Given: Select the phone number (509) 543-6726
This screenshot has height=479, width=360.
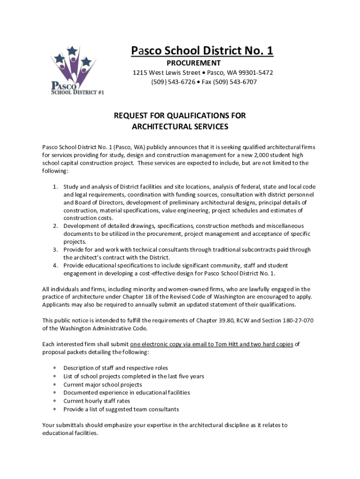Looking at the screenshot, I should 172,82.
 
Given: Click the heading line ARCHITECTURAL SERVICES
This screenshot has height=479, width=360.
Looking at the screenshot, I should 180,126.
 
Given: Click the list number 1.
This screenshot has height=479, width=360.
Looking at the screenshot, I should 55,187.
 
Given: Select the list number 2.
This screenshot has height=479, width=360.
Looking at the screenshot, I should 55,226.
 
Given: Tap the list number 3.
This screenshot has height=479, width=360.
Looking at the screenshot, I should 55,250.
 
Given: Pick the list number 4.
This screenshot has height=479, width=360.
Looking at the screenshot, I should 55,265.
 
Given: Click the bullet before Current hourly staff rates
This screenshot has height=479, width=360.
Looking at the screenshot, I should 55,401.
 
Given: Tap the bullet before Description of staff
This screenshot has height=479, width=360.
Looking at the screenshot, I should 55,368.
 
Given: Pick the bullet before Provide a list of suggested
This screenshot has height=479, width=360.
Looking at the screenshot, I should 55,410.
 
